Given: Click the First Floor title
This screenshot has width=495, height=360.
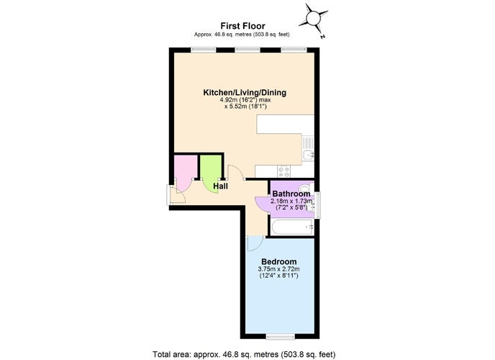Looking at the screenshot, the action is pos(242,26).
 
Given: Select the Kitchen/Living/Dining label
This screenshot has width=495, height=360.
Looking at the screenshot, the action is pos(245,93).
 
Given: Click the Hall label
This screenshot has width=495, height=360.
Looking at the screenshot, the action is pos(220,186).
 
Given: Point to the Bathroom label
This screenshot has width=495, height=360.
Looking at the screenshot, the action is pos(291,194).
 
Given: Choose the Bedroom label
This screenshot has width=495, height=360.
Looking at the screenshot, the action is pos(279,261).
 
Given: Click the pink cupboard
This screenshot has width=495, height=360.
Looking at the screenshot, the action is pos(186,174).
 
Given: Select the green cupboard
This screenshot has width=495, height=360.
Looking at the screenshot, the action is pos(211,173).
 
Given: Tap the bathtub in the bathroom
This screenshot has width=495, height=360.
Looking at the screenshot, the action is pos(292,228).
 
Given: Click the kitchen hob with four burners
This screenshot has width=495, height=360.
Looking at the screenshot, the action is pos(283,171).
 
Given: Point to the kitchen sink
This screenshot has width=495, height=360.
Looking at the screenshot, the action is pos(308,149).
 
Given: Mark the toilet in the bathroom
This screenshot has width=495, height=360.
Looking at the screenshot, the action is pos(306,187).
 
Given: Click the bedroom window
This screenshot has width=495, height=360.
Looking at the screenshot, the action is pos(281,337).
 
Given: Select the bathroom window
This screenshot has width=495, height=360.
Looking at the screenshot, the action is pos(317,205).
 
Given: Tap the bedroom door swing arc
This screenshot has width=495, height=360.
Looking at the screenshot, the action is pos(256,245).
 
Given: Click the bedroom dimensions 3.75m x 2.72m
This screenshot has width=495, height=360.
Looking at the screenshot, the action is pos(278,269).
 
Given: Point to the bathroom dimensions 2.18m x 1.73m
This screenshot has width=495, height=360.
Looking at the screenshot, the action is pos(291,201).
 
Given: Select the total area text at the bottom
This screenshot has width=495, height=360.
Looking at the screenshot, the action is pos(244,354).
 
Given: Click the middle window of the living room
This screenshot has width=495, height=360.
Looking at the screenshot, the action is pos(247,50).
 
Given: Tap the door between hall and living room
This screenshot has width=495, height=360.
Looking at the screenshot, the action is pos(235,173).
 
